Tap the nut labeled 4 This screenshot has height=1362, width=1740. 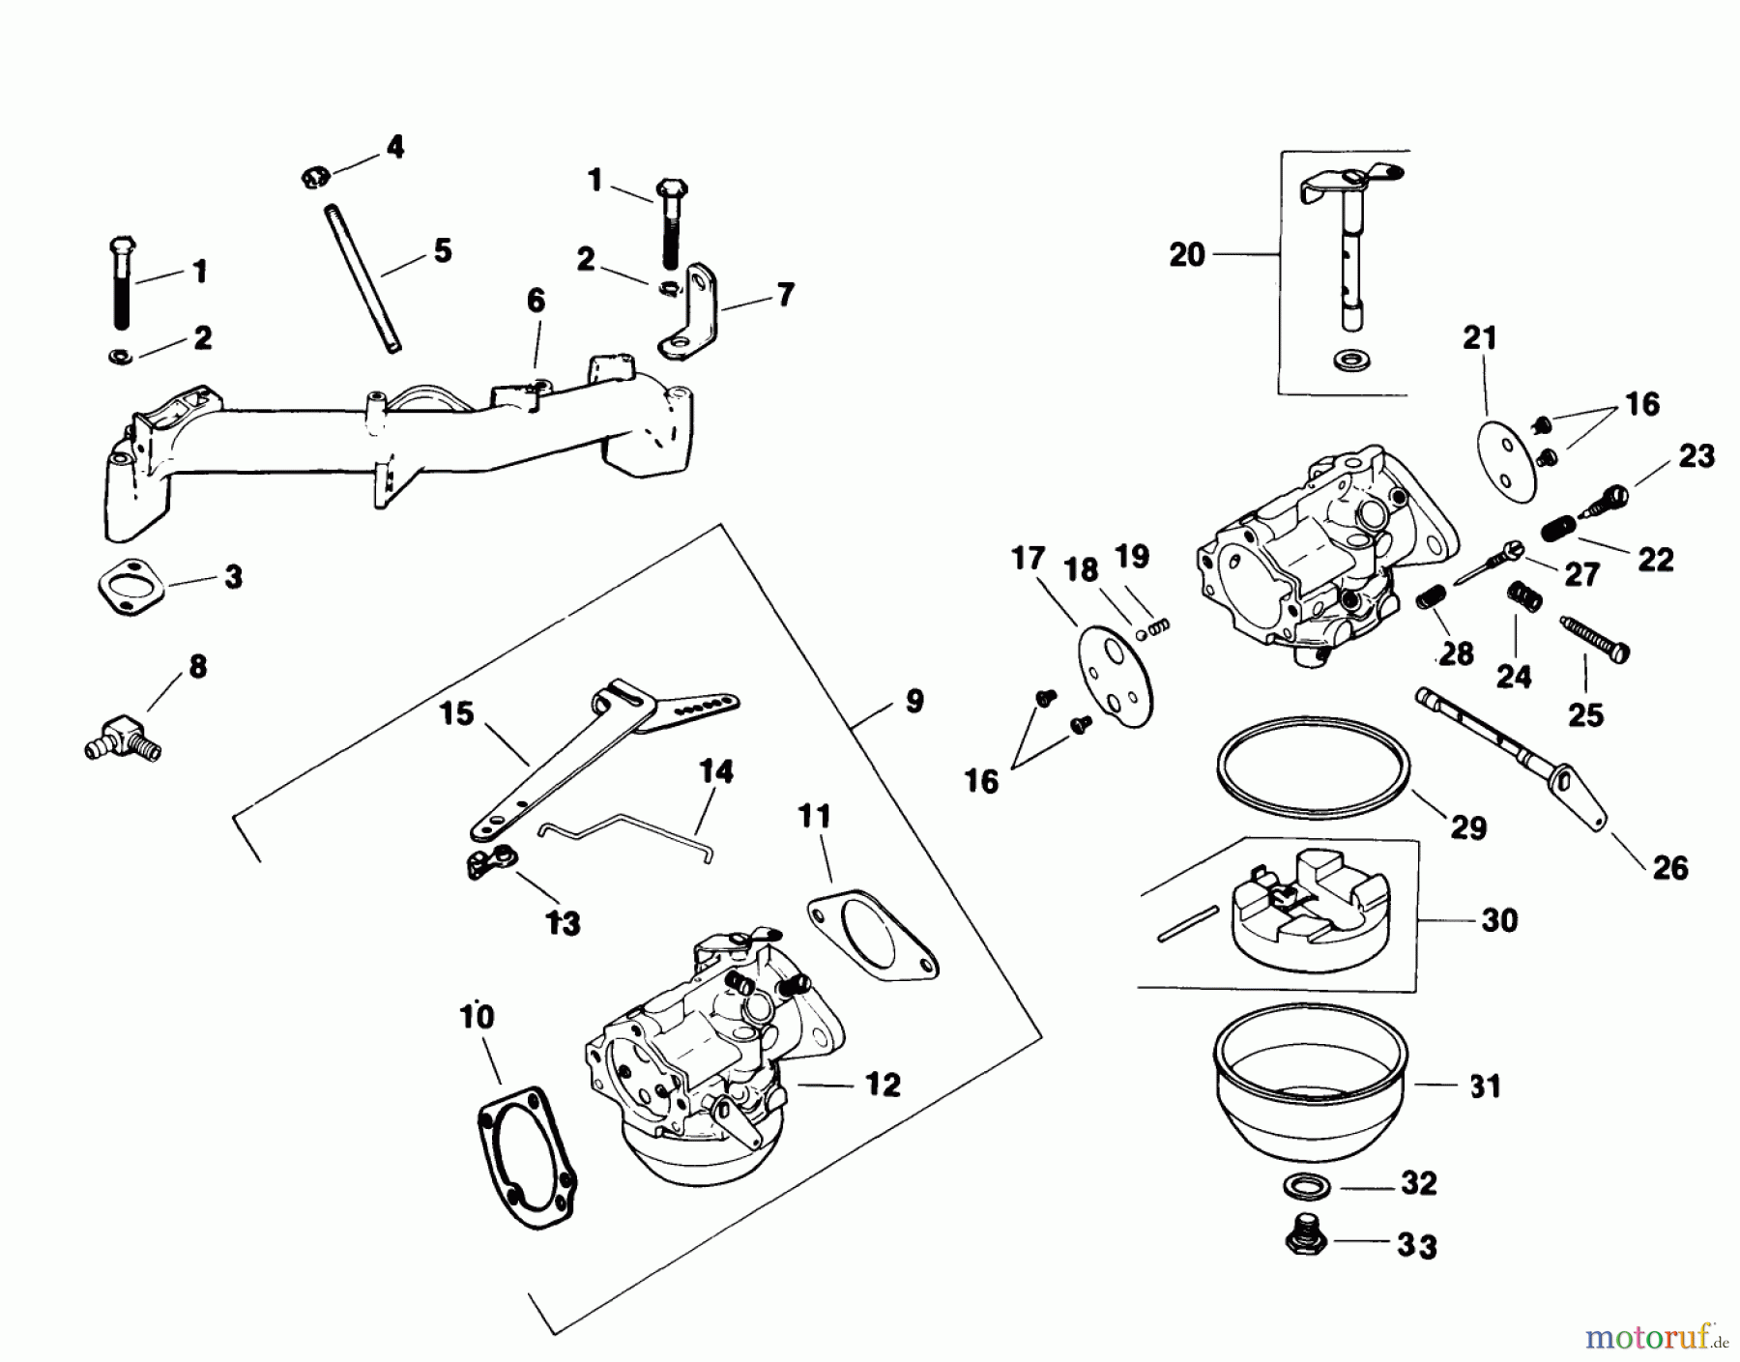tap(313, 177)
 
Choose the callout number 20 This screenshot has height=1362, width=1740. tap(1187, 255)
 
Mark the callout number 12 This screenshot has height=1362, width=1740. tap(883, 1085)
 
